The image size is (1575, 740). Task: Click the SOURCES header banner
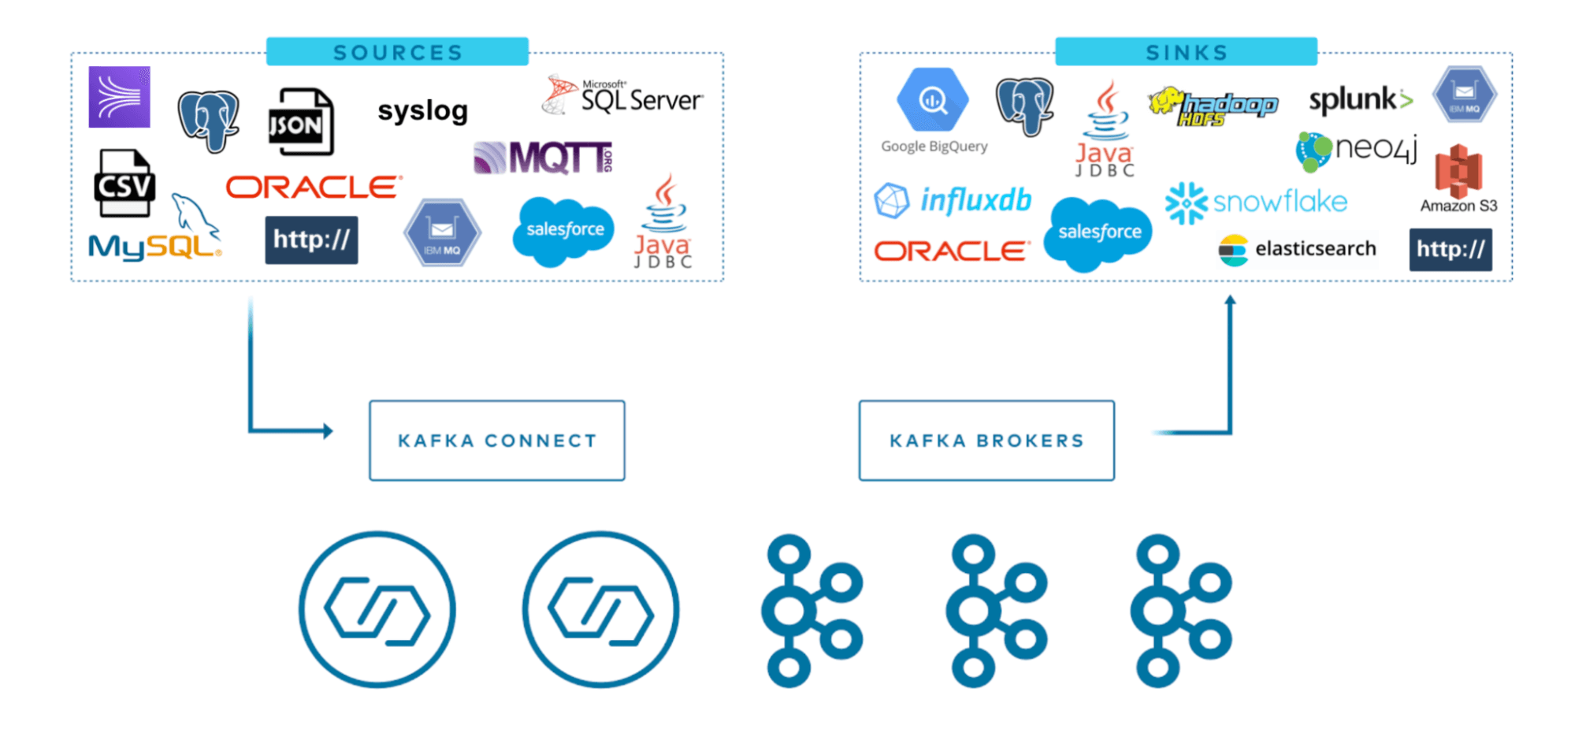pyautogui.click(x=397, y=52)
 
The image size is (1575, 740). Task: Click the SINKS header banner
pyautogui.click(x=1186, y=52)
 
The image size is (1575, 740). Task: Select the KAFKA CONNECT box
pyautogui.click(x=497, y=441)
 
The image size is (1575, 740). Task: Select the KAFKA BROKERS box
pyautogui.click(x=986, y=441)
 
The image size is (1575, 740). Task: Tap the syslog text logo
pyautogui.click(x=422, y=111)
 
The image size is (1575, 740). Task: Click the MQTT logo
pyautogui.click(x=544, y=158)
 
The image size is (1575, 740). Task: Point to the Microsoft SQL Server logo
pyautogui.click(x=623, y=96)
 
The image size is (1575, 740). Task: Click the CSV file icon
pyautogui.click(x=124, y=184)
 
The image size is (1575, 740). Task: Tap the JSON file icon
pyautogui.click(x=300, y=122)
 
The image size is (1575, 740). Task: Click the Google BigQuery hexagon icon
pyautogui.click(x=933, y=100)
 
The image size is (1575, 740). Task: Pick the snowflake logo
pyautogui.click(x=1257, y=203)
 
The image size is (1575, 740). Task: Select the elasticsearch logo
pyautogui.click(x=1298, y=249)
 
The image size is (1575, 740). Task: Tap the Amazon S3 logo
pyautogui.click(x=1458, y=178)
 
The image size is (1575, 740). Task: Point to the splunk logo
pyautogui.click(x=1360, y=100)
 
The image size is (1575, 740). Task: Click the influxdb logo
pyautogui.click(x=953, y=200)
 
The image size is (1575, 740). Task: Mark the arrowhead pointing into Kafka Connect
pyautogui.click(x=328, y=431)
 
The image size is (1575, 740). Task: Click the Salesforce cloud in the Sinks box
pyautogui.click(x=1098, y=232)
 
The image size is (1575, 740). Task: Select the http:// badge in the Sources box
pyautogui.click(x=311, y=240)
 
